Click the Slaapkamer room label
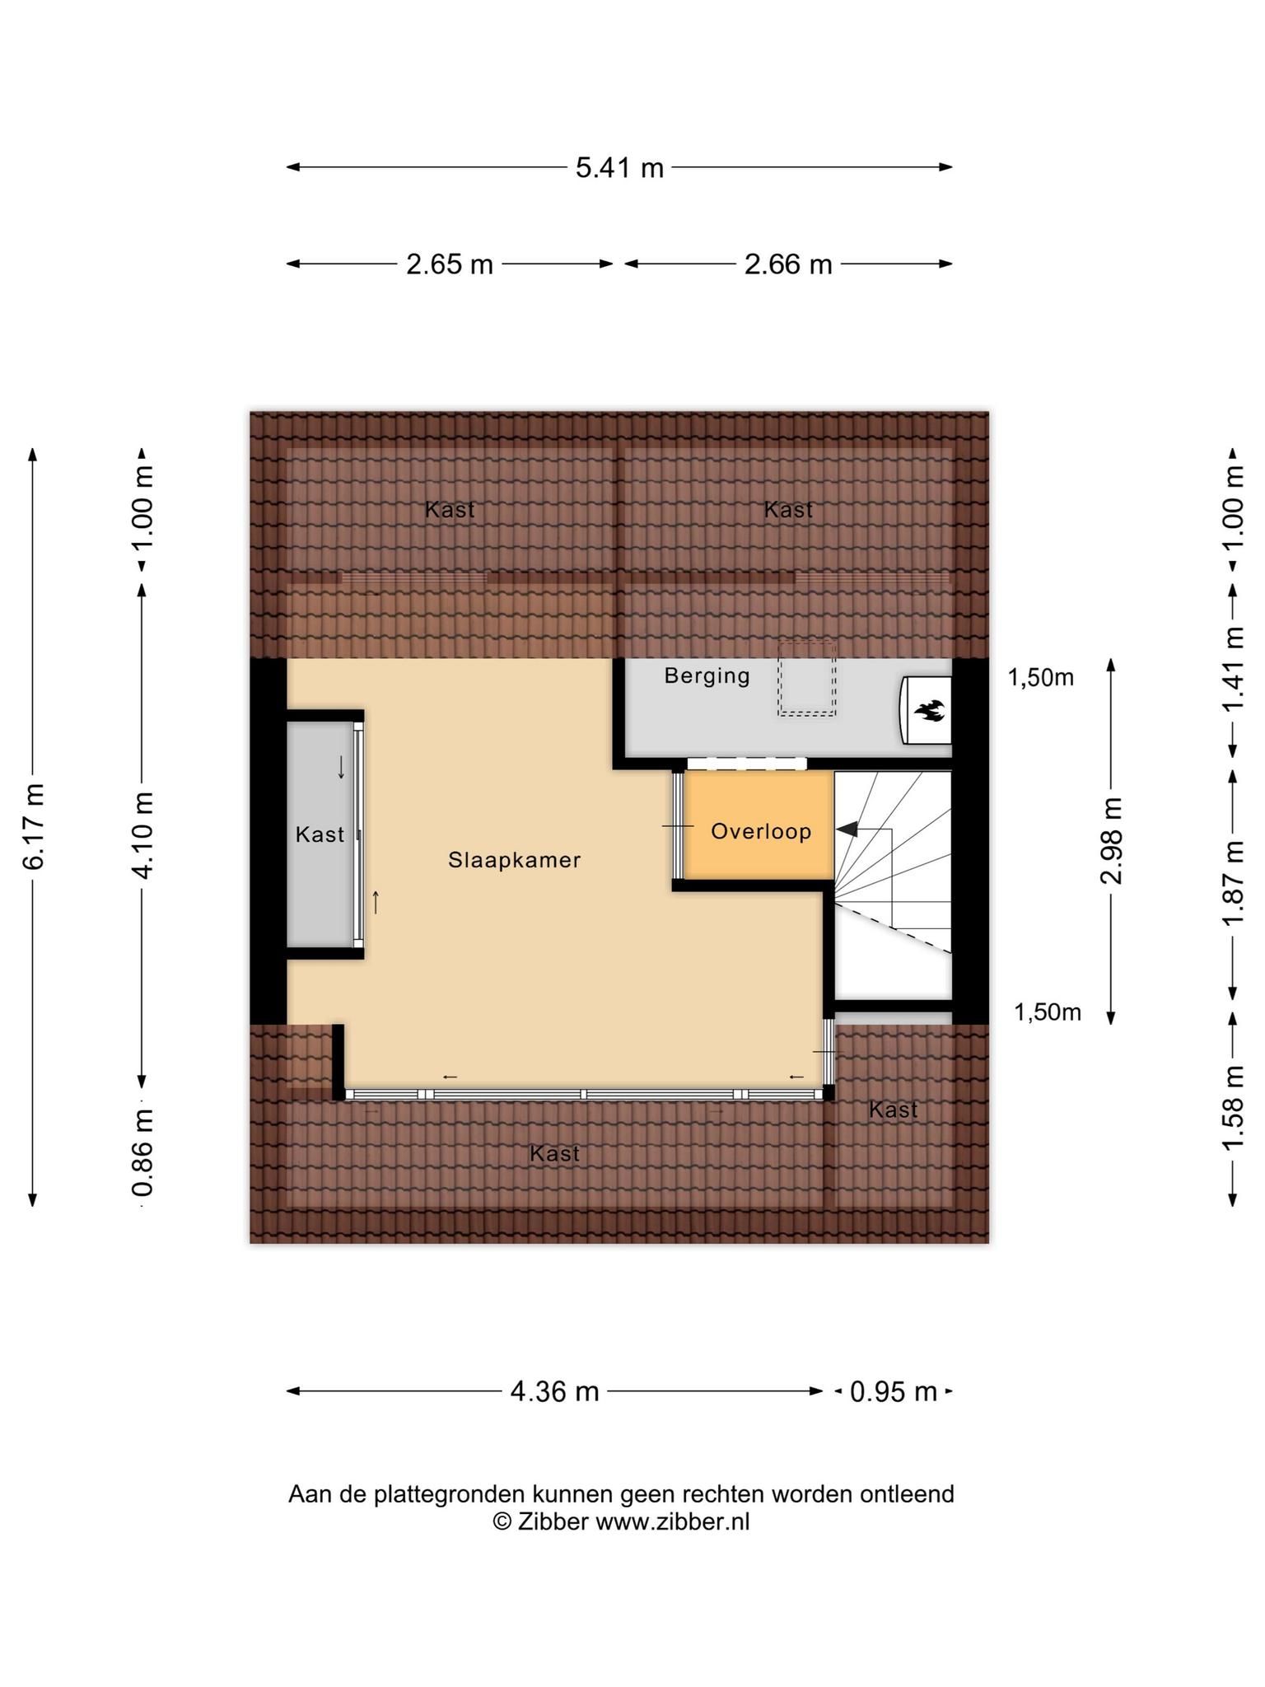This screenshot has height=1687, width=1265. pos(515,860)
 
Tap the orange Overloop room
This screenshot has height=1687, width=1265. pos(759,825)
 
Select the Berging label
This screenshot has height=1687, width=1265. pos(707,676)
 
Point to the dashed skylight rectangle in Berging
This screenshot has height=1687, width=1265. pos(807,679)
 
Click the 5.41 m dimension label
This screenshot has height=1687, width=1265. pos(619,168)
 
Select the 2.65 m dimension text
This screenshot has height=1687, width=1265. pos(450,264)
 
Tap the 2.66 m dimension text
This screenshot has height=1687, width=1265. pos(788,264)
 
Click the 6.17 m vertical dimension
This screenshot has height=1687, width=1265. pos(34,826)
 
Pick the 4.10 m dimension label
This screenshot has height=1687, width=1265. pos(142,834)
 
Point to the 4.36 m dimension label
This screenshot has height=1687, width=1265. pos(554,1391)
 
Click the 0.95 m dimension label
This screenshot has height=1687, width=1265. pos(894,1391)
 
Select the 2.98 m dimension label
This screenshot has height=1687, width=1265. pos(1112,840)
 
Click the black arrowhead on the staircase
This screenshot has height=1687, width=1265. pos(847,830)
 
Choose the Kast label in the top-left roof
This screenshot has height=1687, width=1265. pos(450,510)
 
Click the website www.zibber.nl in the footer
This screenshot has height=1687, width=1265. pos(673,1521)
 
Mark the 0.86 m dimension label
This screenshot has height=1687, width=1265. pos(142,1152)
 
